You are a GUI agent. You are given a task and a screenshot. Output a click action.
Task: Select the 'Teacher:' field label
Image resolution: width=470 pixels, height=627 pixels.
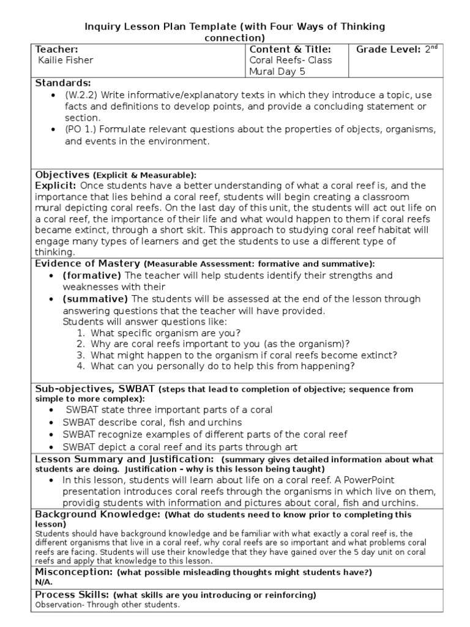58,49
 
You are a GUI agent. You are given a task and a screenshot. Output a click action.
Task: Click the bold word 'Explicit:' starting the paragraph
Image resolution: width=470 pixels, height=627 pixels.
56,185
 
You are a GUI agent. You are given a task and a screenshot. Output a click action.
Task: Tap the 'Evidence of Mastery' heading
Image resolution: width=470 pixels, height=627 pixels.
88,263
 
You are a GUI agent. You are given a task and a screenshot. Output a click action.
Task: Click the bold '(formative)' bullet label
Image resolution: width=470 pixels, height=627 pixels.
92,276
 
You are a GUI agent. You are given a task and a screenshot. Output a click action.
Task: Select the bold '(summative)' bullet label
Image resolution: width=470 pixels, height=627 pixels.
95,299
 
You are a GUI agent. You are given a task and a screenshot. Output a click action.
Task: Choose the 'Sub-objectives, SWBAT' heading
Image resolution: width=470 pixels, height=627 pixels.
95,389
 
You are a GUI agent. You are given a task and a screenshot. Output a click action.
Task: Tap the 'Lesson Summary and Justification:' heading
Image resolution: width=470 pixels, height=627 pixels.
124,459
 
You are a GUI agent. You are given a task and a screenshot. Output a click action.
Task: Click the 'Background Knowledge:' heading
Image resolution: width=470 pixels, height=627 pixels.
98,514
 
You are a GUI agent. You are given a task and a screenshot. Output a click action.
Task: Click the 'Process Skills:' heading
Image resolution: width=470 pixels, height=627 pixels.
72,595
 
